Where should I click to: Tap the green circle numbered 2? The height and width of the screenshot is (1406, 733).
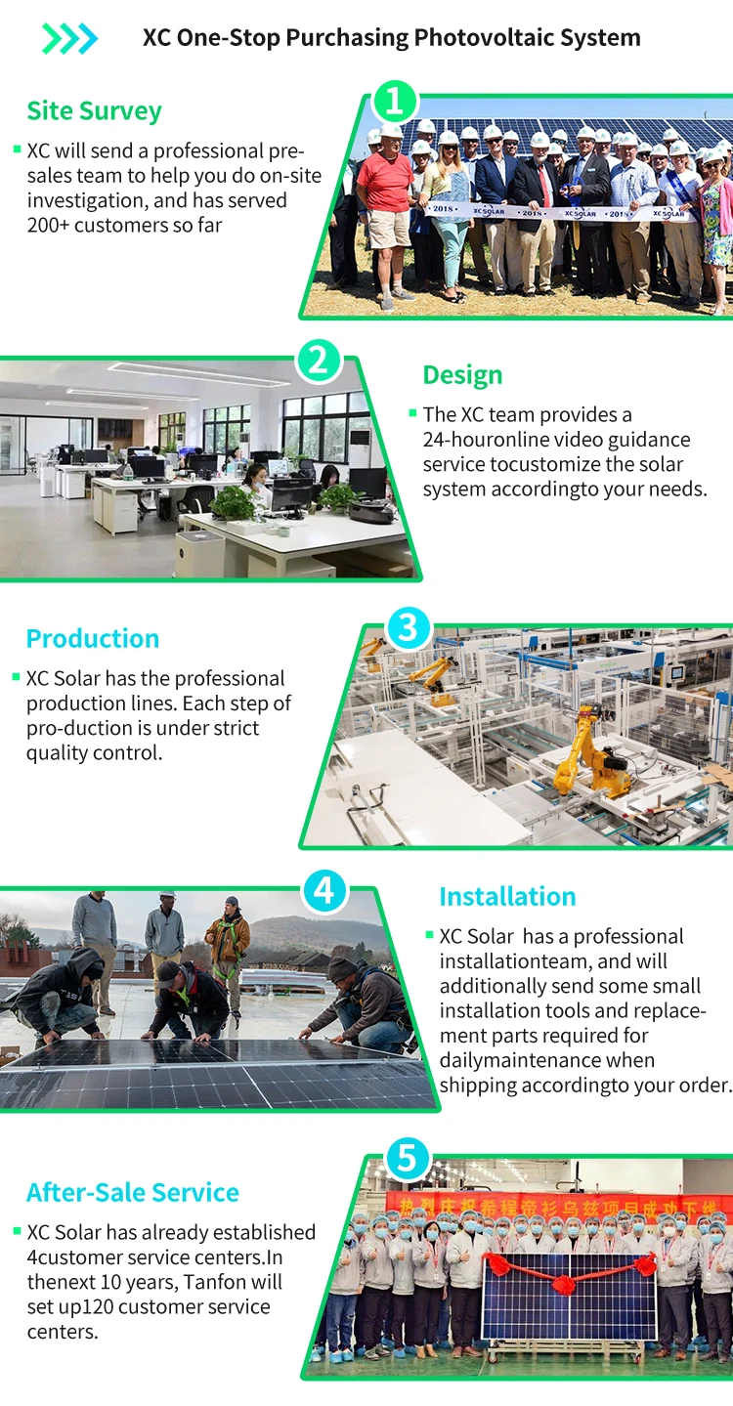[x=319, y=361]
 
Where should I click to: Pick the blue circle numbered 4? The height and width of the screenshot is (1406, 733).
[x=324, y=890]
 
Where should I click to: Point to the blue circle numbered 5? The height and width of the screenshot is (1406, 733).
[x=409, y=1159]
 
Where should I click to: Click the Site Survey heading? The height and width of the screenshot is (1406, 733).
[x=94, y=111]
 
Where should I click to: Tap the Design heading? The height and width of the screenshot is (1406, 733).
[x=462, y=375]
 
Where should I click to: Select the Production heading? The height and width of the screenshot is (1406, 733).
[x=93, y=639]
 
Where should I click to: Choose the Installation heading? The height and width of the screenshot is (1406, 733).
[x=507, y=897]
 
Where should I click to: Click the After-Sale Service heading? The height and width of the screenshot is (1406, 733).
[x=133, y=1193]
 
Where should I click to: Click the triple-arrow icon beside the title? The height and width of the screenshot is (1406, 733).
[x=69, y=39]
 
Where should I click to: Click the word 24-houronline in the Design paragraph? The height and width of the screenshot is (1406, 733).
[x=485, y=440]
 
